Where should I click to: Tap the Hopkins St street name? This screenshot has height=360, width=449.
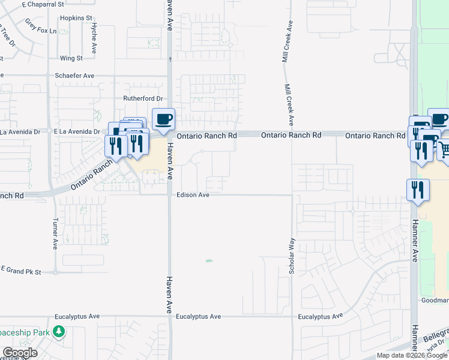point(76,19)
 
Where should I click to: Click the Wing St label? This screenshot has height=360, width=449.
point(71,58)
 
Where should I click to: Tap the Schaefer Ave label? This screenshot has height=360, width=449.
point(74,76)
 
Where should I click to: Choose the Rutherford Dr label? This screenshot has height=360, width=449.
point(143,98)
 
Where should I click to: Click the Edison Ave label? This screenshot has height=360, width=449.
point(193,195)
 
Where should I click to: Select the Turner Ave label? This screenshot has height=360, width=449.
point(55,233)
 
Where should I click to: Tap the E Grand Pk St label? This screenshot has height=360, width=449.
point(20,272)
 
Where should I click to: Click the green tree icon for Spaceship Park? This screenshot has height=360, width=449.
point(59,331)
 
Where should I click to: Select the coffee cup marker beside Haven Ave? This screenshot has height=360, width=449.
point(164,118)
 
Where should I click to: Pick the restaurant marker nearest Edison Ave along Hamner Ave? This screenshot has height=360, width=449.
point(418,190)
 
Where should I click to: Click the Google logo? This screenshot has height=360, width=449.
point(20,353)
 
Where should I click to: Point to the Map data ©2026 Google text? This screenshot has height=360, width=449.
point(412,355)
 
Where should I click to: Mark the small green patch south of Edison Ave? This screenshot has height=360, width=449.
point(209,260)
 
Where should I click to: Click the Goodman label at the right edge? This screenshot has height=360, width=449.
point(435,299)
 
